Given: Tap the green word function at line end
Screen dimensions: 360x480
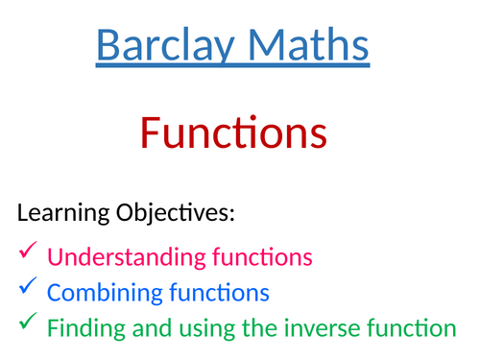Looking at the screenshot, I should [414, 328].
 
